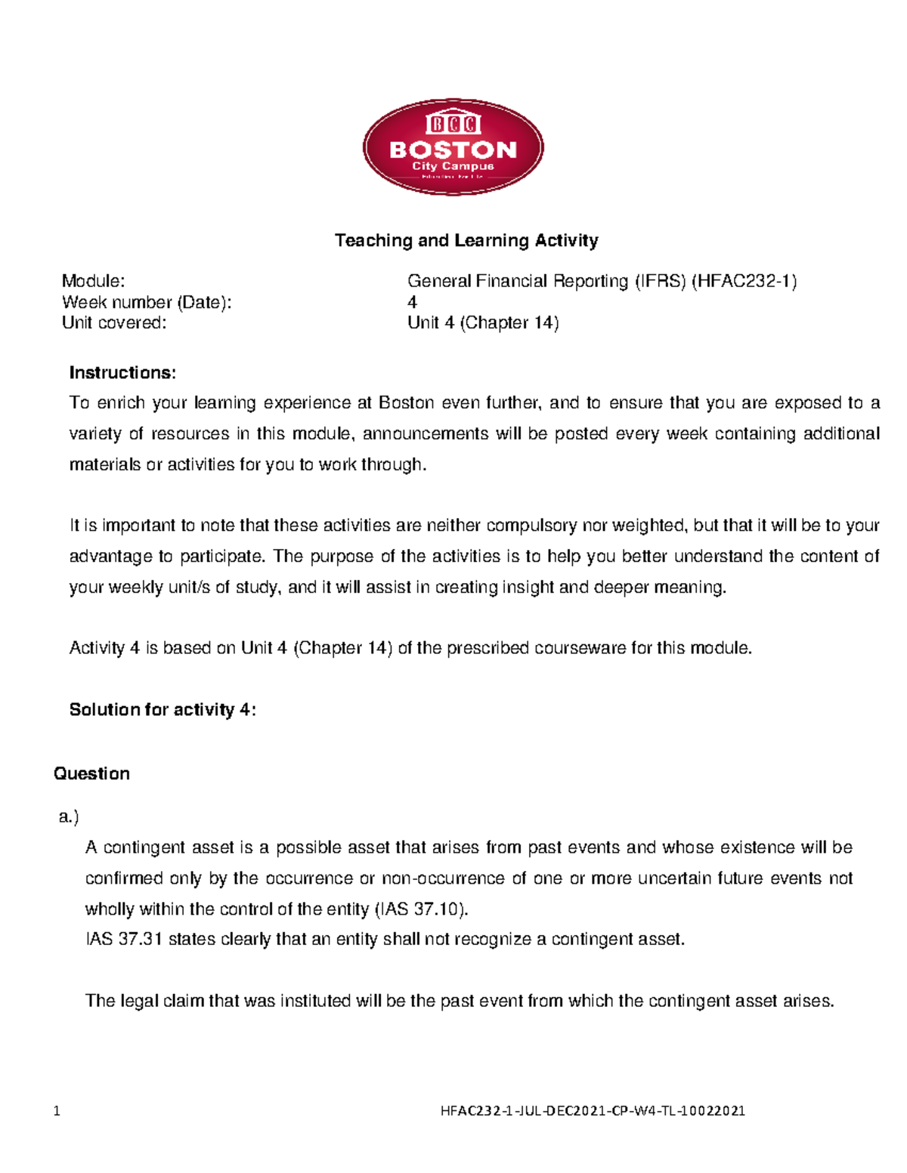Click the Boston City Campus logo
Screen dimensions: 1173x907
[453, 147]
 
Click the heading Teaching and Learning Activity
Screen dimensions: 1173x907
[466, 240]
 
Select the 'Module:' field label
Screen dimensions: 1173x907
[93, 281]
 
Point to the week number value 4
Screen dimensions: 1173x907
[412, 302]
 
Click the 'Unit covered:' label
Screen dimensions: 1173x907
[113, 323]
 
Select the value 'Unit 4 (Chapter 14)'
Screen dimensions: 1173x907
[483, 323]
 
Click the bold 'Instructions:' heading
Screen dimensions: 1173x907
[122, 372]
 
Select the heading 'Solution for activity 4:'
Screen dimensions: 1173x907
[163, 709]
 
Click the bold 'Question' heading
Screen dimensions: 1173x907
[91, 773]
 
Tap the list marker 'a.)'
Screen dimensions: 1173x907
[69, 816]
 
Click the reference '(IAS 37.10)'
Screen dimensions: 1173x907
[422, 909]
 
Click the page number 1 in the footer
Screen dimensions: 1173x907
[57, 1110]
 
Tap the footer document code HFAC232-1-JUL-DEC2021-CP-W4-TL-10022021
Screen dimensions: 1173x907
[593, 1110]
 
